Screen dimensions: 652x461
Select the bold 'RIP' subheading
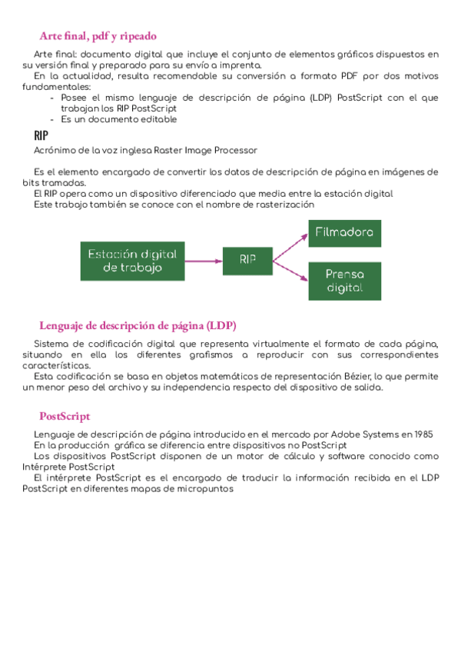(x=41, y=135)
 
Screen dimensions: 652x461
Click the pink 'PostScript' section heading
(x=65, y=416)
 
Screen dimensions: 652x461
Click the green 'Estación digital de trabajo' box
(x=132, y=261)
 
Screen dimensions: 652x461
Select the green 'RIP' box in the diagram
(x=247, y=261)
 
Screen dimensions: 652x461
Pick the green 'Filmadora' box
(x=344, y=232)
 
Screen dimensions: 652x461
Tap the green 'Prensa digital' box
(x=344, y=281)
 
